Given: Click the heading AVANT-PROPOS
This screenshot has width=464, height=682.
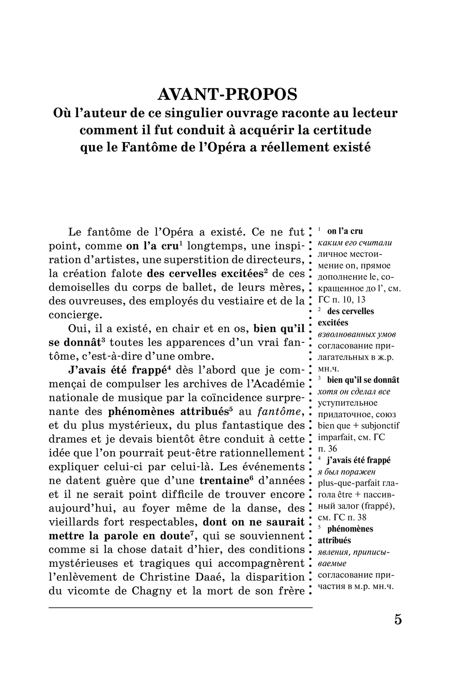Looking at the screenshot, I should [227, 94].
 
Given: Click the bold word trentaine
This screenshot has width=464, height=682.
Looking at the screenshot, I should [226, 480].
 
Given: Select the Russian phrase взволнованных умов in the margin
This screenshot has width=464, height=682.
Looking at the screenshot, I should [356, 334].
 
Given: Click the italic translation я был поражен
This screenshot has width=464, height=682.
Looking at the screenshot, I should [347, 472].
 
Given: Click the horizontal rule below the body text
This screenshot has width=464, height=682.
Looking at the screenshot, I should [180, 607].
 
